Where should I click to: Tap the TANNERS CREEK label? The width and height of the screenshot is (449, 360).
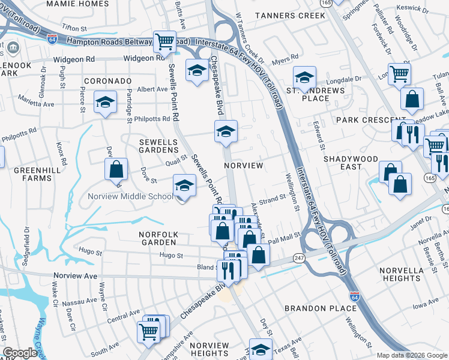tap(289, 15)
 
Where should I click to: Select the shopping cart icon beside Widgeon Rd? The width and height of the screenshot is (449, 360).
tap(164, 41)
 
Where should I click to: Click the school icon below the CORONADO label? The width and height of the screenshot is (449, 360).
tap(105, 103)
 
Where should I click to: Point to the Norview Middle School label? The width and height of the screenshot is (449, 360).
tap(130, 196)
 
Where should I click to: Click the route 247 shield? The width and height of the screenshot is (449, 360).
tap(298, 257)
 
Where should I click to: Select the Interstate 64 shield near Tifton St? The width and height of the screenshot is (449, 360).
tap(53, 37)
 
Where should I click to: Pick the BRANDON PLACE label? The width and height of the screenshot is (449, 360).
tap(321, 308)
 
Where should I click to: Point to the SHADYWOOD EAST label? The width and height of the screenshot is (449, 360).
tap(351, 164)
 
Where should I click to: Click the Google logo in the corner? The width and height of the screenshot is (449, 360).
tap(19, 353)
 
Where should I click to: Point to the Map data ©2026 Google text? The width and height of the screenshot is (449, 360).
tap(412, 355)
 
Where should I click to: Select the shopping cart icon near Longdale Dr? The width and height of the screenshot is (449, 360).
tap(399, 74)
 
